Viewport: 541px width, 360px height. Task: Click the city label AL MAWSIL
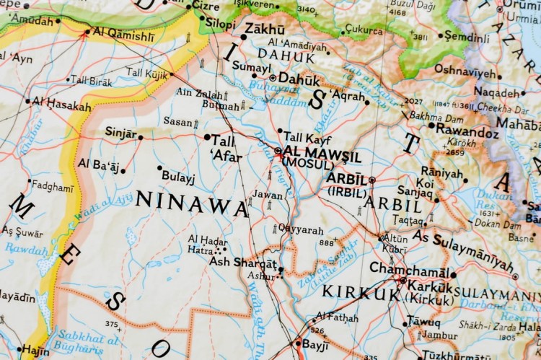322,152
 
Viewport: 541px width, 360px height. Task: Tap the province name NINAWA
192,203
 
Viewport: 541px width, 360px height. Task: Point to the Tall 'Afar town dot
207,137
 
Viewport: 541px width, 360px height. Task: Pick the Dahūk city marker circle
273,77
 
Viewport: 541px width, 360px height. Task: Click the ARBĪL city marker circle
372,180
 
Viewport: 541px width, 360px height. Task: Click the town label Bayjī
315,344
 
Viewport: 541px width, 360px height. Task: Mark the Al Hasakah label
61,105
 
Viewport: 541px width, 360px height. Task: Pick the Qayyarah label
300,229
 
